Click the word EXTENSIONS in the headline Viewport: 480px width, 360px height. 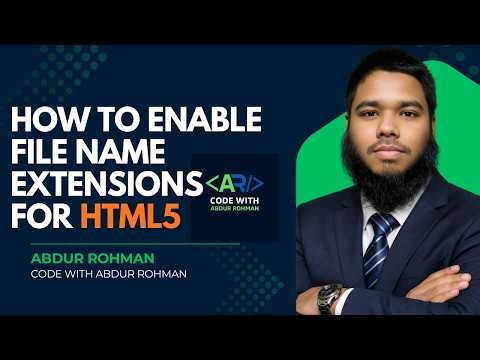click(98, 186)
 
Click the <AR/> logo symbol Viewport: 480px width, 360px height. click(235, 184)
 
